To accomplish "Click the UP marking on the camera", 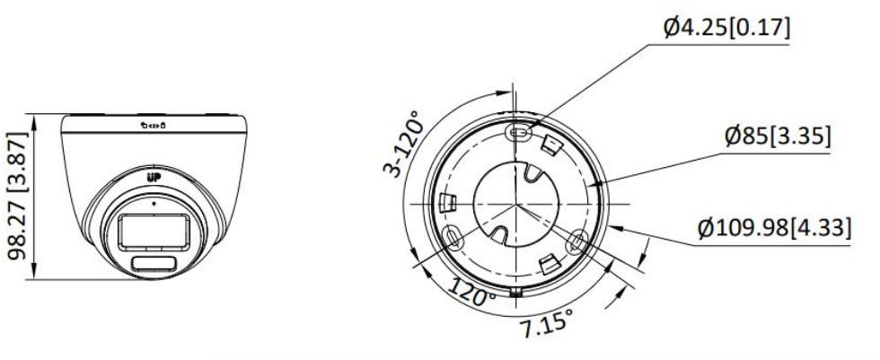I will [152, 176].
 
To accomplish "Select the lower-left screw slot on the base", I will [453, 237].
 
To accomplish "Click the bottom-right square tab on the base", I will [548, 263].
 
